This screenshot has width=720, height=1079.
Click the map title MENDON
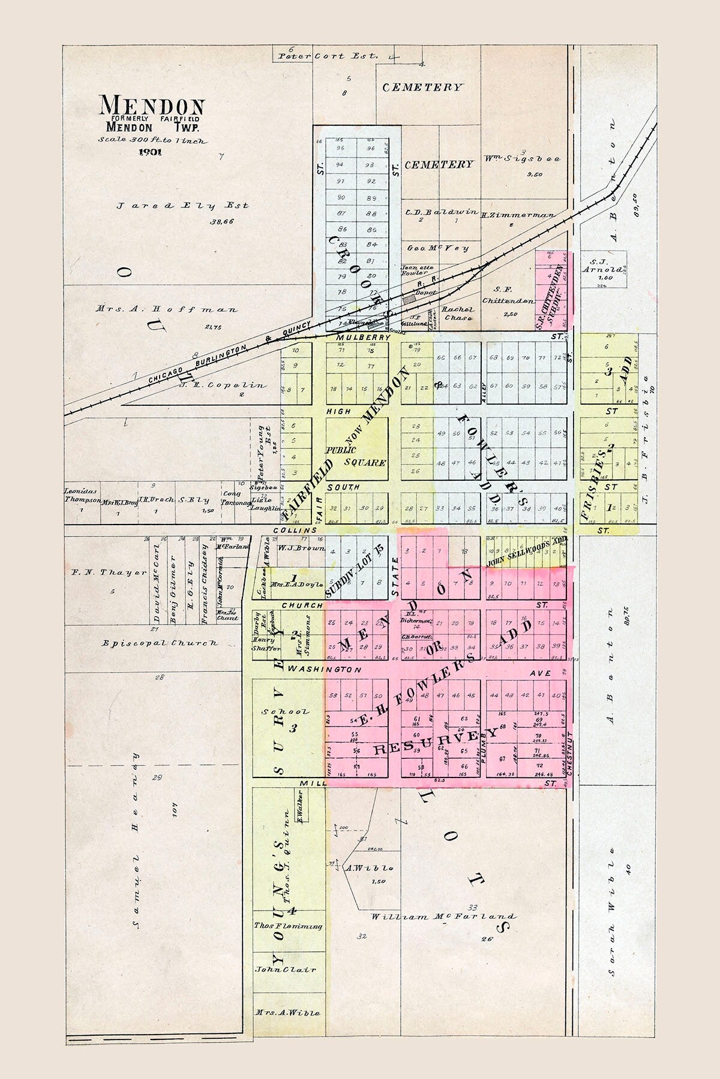[152, 106]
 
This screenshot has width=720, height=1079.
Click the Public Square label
[356, 456]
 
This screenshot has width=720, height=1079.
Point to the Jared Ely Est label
[182, 206]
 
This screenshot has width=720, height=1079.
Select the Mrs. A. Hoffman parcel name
[166, 310]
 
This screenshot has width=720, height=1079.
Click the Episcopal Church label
[160, 643]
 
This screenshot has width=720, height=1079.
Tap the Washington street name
[324, 669]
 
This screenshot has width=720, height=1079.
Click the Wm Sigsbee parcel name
[522, 159]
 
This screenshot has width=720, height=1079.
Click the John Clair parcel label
[286, 986]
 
